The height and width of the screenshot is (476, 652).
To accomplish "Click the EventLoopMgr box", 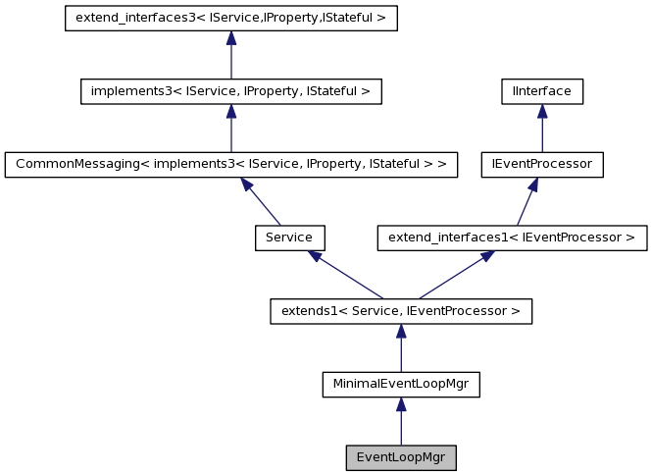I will (x=401, y=457).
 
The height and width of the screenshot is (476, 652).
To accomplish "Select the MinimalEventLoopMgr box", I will (x=401, y=385).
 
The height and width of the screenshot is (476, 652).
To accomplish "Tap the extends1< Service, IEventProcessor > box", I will (x=401, y=312).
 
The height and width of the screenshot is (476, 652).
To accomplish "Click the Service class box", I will (x=289, y=238).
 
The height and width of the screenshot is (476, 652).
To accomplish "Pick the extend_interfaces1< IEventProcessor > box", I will (x=512, y=238).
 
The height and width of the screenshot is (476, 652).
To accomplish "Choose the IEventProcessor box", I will (x=541, y=164).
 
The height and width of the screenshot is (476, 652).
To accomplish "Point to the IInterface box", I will (x=541, y=91).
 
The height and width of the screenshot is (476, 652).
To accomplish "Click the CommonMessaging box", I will (x=231, y=164).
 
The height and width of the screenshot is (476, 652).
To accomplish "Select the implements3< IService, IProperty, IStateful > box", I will (x=230, y=91).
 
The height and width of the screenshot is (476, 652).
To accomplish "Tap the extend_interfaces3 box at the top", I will (x=230, y=19).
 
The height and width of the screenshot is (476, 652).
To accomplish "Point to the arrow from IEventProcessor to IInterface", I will (x=541, y=129).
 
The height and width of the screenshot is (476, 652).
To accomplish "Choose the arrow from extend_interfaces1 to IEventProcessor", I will (x=526, y=202).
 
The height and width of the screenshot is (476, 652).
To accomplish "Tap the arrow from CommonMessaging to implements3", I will (x=230, y=129).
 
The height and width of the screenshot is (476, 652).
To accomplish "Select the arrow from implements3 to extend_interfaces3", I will (x=230, y=56).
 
